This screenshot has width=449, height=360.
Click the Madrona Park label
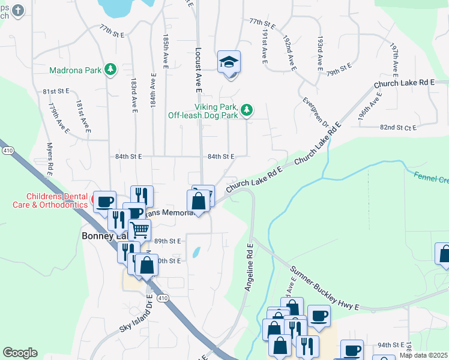76,70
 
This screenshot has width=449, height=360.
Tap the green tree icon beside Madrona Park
110,70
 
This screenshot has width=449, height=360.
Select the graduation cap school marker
229,62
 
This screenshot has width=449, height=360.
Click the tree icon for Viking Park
247,110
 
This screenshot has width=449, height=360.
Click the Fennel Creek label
430,178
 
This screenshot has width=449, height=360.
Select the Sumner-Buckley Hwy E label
324,289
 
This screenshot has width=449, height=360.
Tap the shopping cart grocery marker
140,229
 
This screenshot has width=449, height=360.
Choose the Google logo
20,353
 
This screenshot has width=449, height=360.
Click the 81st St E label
56,91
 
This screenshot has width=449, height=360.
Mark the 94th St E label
391,345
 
